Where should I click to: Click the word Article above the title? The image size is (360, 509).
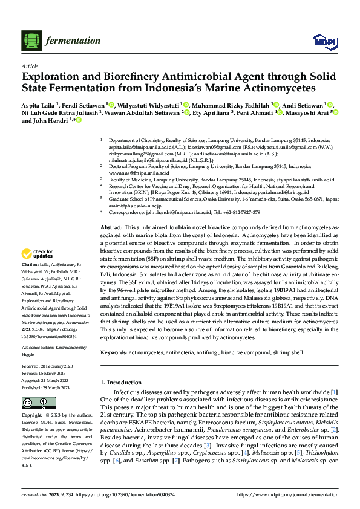coord(29,66)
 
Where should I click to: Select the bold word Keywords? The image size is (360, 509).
coord(115,351)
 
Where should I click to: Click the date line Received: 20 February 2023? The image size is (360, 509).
coord(48,367)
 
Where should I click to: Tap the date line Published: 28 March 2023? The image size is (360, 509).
coord(48,387)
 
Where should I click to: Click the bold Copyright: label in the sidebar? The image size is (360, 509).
coord(33,416)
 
